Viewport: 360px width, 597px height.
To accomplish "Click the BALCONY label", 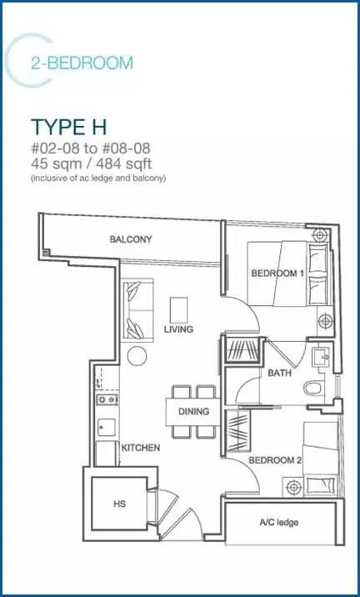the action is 131,239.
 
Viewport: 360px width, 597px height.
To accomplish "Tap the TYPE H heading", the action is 69,128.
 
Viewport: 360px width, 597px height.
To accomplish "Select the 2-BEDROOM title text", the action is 82,63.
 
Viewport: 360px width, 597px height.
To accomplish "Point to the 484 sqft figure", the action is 124,164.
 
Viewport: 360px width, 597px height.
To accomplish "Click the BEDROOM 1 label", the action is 274,273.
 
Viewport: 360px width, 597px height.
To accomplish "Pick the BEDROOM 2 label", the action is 275,460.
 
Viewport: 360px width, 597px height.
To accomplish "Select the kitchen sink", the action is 107,427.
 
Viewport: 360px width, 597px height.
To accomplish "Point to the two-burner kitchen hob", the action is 107,399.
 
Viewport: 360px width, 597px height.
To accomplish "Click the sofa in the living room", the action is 137,309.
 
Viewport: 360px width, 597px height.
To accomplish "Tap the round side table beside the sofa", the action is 137,356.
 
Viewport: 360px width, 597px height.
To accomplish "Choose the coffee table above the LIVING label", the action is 179,310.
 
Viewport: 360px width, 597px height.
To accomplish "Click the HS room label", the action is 119,504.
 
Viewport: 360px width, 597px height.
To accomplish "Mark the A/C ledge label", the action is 279,522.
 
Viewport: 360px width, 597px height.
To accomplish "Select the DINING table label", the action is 193,412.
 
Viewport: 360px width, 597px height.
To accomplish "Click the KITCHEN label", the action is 141,448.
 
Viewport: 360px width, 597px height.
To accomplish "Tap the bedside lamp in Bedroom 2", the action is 293,487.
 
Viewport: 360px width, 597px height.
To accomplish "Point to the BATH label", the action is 280,374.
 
